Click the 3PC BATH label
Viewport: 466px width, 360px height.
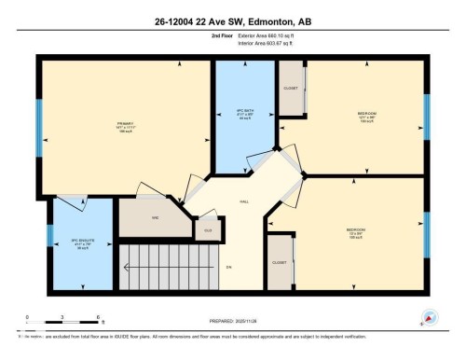246,113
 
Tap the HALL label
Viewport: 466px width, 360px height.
245,201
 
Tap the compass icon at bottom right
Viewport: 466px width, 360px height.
428,317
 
